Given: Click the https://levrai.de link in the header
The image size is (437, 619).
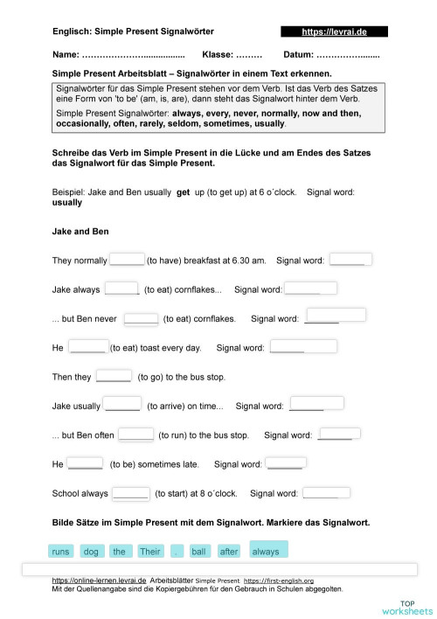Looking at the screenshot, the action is click(334, 31).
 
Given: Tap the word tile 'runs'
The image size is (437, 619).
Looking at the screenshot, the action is click(61, 552).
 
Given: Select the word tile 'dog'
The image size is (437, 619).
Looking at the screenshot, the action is click(90, 552).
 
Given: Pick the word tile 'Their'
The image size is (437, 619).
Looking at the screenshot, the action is click(150, 552).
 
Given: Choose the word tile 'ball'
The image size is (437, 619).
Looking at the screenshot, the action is click(199, 552).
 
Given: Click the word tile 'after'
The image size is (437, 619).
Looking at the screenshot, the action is click(229, 552).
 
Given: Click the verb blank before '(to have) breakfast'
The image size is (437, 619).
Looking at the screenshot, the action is click(128, 259).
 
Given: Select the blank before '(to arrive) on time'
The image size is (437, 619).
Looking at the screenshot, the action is click(122, 404).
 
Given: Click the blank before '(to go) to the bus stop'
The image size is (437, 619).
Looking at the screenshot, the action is click(114, 376).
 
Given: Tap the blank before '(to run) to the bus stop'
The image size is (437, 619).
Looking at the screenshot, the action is click(136, 433).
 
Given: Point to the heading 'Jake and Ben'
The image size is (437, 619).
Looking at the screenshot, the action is click(77, 232).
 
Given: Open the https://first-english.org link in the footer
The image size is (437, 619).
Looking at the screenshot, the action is click(278, 581).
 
